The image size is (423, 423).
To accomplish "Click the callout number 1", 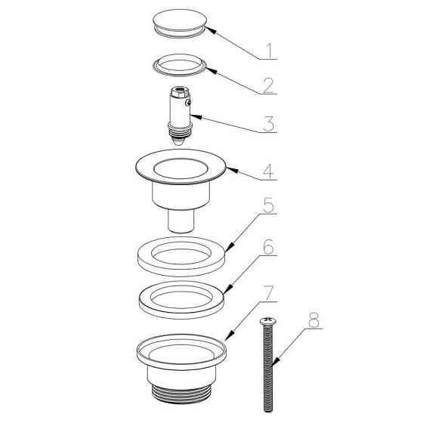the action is point(270,51).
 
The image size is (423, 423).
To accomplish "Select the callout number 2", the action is point(269,85).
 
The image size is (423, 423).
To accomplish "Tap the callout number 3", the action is point(269,124).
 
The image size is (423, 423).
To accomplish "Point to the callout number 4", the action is point(269,171).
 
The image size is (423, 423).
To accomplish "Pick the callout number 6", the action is point(269,246).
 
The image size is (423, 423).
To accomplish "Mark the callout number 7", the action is point(269,293).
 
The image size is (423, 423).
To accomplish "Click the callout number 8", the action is point(314,320).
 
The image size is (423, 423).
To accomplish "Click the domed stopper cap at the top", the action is point(180,23).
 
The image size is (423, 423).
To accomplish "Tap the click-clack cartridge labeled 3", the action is point(181,116).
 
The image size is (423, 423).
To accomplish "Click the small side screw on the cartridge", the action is point(188,102).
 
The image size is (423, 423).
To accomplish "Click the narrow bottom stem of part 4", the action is point(181,221).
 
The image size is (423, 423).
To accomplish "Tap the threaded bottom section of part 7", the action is point(181,394).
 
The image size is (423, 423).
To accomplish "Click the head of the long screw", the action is point(267,321).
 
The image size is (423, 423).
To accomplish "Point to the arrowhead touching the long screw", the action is point(276,362).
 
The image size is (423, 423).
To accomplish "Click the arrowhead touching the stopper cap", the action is point(211,29).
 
